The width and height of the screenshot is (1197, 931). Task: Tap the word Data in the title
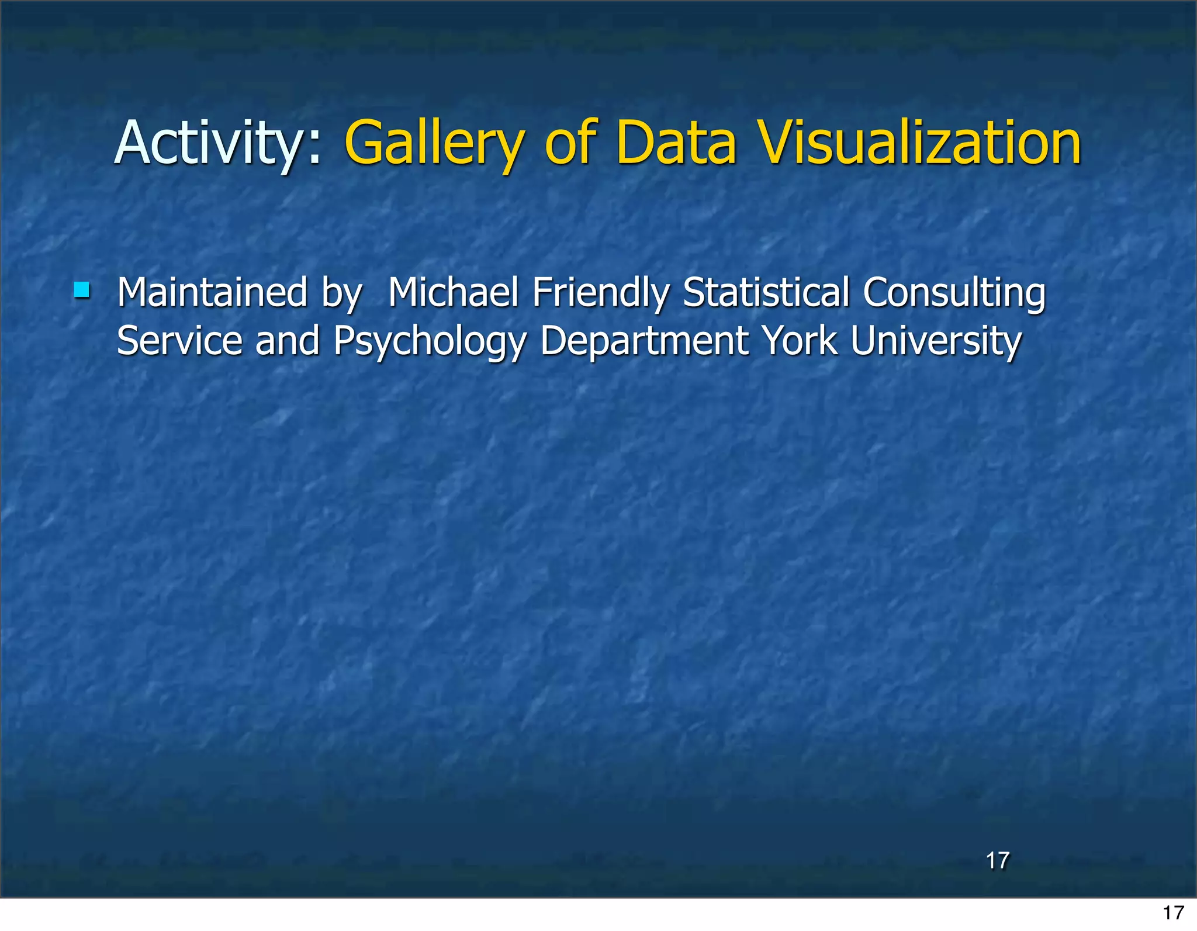676,143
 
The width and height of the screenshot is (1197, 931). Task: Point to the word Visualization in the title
920,143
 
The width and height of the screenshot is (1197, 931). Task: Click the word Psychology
430,342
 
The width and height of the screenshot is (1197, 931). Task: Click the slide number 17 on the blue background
998,860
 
